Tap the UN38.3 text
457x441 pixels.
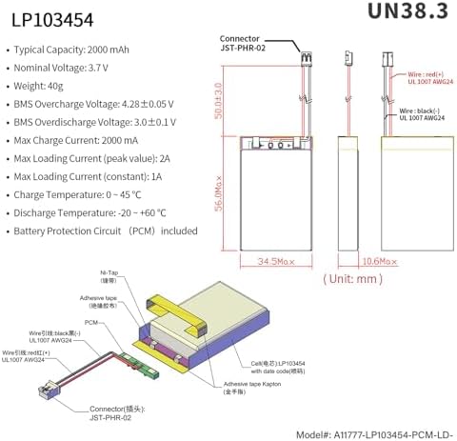400,13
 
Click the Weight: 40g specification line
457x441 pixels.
51,87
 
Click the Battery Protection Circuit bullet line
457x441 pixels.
105,231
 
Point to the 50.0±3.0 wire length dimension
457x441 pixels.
220,94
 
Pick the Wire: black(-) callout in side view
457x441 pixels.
419,115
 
